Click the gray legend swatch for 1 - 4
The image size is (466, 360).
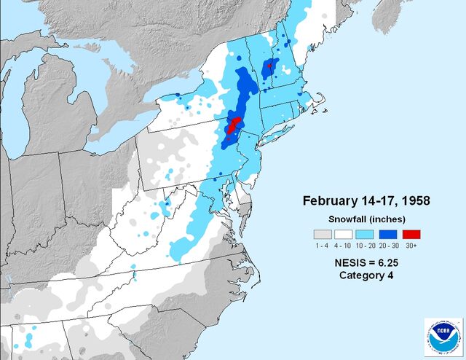point(323,235)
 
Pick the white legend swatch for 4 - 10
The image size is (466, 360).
point(345,235)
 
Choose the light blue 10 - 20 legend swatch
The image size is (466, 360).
point(367,235)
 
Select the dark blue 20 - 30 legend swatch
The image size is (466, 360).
point(389,235)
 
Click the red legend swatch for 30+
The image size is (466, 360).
point(411,235)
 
